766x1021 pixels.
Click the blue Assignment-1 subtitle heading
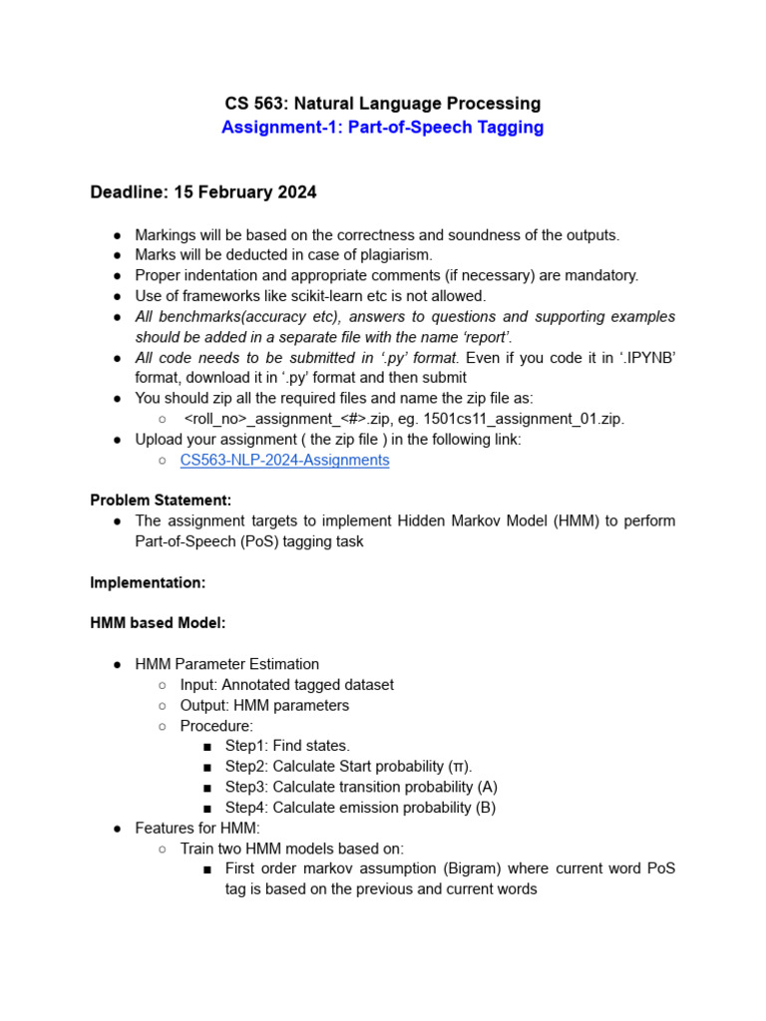382,128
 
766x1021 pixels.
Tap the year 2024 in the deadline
295,191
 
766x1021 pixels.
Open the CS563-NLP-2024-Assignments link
284,460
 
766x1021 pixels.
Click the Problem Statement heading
161,501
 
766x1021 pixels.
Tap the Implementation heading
148,582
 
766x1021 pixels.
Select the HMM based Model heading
158,623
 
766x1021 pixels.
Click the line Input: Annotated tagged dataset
286,685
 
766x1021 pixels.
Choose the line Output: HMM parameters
264,705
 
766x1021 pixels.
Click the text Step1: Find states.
287,746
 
